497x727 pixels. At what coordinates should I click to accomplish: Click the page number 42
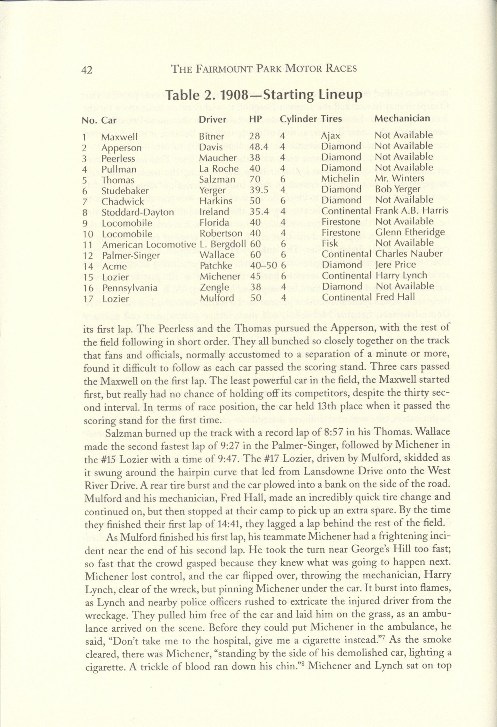pos(87,70)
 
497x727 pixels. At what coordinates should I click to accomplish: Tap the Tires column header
pos(331,119)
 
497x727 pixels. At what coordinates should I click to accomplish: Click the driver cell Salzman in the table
pos(217,179)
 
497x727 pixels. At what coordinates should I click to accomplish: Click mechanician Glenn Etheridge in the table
pos(410,232)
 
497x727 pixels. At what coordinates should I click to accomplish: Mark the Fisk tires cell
pos(330,243)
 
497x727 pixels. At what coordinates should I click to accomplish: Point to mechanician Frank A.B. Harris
pos(412,210)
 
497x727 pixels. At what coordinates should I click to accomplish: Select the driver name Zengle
pos(214,287)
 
